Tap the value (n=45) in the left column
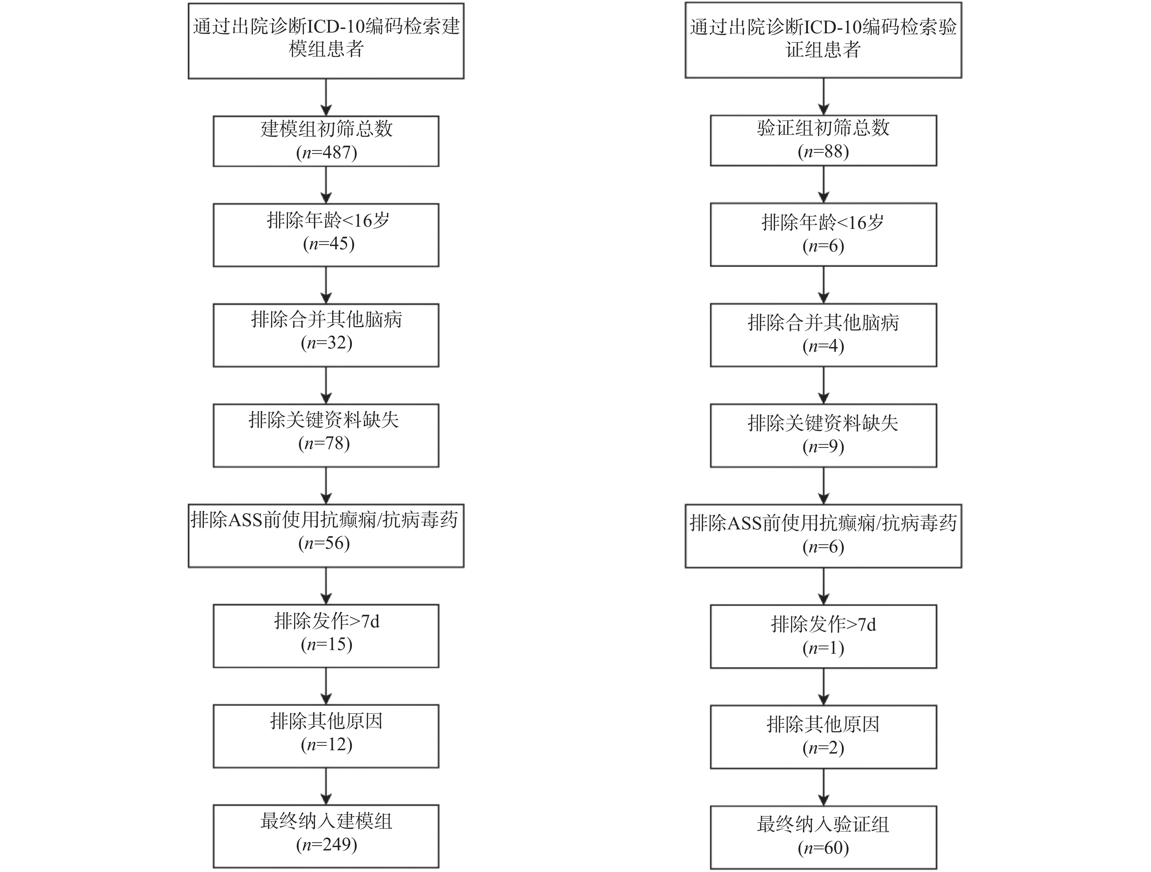(x=328, y=244)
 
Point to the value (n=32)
(x=326, y=343)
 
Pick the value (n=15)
(x=326, y=644)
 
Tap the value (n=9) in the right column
(x=823, y=446)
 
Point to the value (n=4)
(x=823, y=346)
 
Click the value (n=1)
(x=823, y=648)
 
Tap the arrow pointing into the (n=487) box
(x=326, y=97)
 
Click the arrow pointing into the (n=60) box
(x=823, y=787)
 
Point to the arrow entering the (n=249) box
(x=326, y=786)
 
